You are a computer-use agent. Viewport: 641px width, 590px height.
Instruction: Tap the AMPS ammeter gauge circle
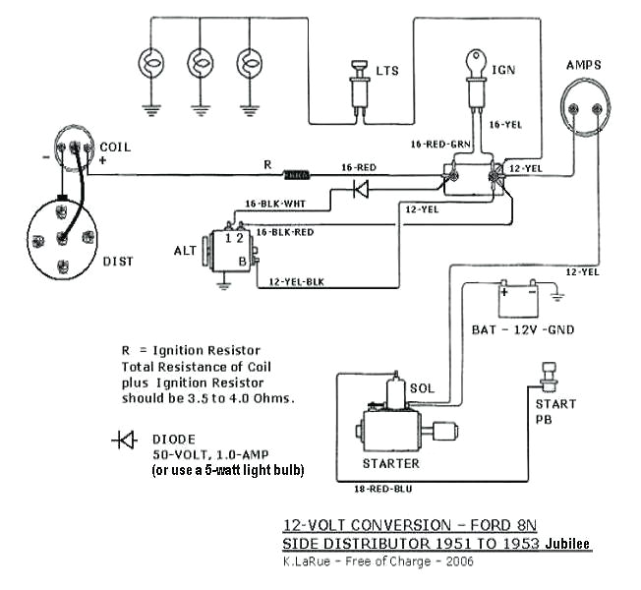coord(584,110)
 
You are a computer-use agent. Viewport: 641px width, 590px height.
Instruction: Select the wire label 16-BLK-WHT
coord(268,205)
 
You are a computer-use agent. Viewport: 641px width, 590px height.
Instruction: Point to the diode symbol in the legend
coord(125,440)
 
